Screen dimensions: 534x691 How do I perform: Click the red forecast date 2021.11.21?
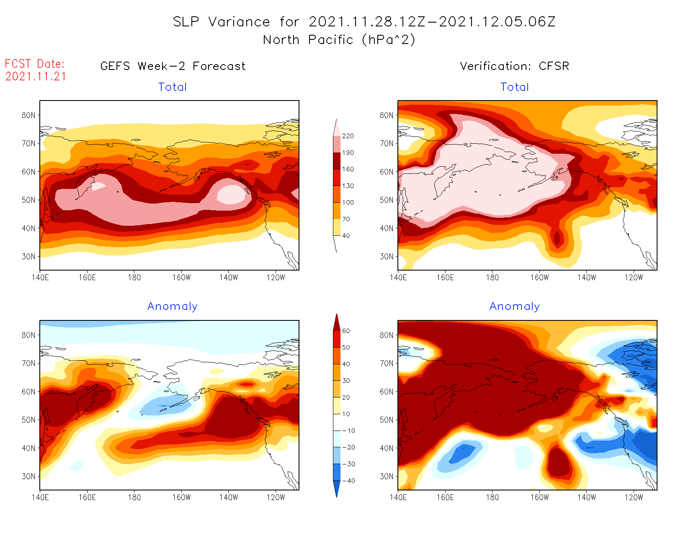pos(36,77)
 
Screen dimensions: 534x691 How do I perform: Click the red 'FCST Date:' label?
pos(35,64)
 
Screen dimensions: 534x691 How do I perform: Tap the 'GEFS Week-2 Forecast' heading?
pos(173,66)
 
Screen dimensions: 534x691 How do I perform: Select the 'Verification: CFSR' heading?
pos(514,66)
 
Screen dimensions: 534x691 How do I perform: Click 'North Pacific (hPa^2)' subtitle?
pos(339,40)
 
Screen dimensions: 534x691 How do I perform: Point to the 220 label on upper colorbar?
pos(348,136)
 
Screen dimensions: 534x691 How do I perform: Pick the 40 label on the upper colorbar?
pos(346,236)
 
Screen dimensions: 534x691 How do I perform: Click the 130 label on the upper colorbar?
pos(348,186)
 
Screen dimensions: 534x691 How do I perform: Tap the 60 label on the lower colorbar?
pos(346,331)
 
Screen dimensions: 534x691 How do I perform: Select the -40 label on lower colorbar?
pos(348,481)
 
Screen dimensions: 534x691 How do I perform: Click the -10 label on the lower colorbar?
pos(348,431)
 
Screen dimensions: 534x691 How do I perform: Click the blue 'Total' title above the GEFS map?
pos(173,87)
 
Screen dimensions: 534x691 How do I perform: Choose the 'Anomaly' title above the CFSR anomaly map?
pos(515,307)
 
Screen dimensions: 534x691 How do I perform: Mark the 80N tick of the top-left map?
pos(28,115)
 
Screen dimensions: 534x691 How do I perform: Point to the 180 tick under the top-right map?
pos(492,277)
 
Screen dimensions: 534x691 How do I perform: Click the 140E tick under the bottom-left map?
pos(40,497)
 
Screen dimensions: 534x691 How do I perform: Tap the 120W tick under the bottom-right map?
pos(634,497)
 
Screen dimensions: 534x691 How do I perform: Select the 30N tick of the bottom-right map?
pos(387,476)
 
